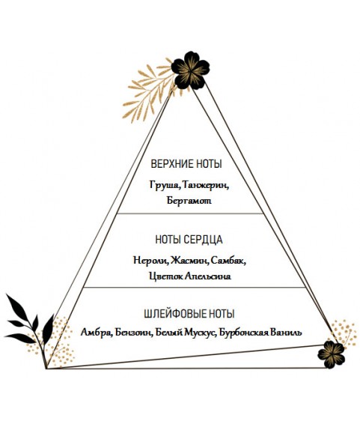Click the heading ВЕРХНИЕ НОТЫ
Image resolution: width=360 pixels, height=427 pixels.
pyautogui.click(x=186, y=164)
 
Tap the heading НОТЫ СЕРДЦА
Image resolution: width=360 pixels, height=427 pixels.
pyautogui.click(x=189, y=240)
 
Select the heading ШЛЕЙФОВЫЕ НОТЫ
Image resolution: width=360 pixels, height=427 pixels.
pyautogui.click(x=189, y=314)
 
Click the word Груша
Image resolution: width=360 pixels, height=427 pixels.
pyautogui.click(x=165, y=185)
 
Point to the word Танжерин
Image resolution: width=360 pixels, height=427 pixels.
pyautogui.click(x=206, y=185)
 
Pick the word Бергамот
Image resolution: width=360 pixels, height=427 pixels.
pyautogui.click(x=189, y=201)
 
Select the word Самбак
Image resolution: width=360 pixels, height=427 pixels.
pyautogui.click(x=228, y=261)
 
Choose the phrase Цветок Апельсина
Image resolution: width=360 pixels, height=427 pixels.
pyautogui.click(x=190, y=276)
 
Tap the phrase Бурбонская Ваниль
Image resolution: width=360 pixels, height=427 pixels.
pyautogui.click(x=260, y=333)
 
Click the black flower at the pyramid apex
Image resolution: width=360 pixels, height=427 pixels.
pyautogui.click(x=190, y=70)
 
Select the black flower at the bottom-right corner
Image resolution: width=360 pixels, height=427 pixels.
pyautogui.click(x=331, y=354)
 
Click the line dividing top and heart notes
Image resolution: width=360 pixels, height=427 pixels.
pyautogui.click(x=190, y=213)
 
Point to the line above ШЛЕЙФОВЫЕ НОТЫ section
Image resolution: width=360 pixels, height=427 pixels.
pyautogui.click(x=195, y=287)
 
